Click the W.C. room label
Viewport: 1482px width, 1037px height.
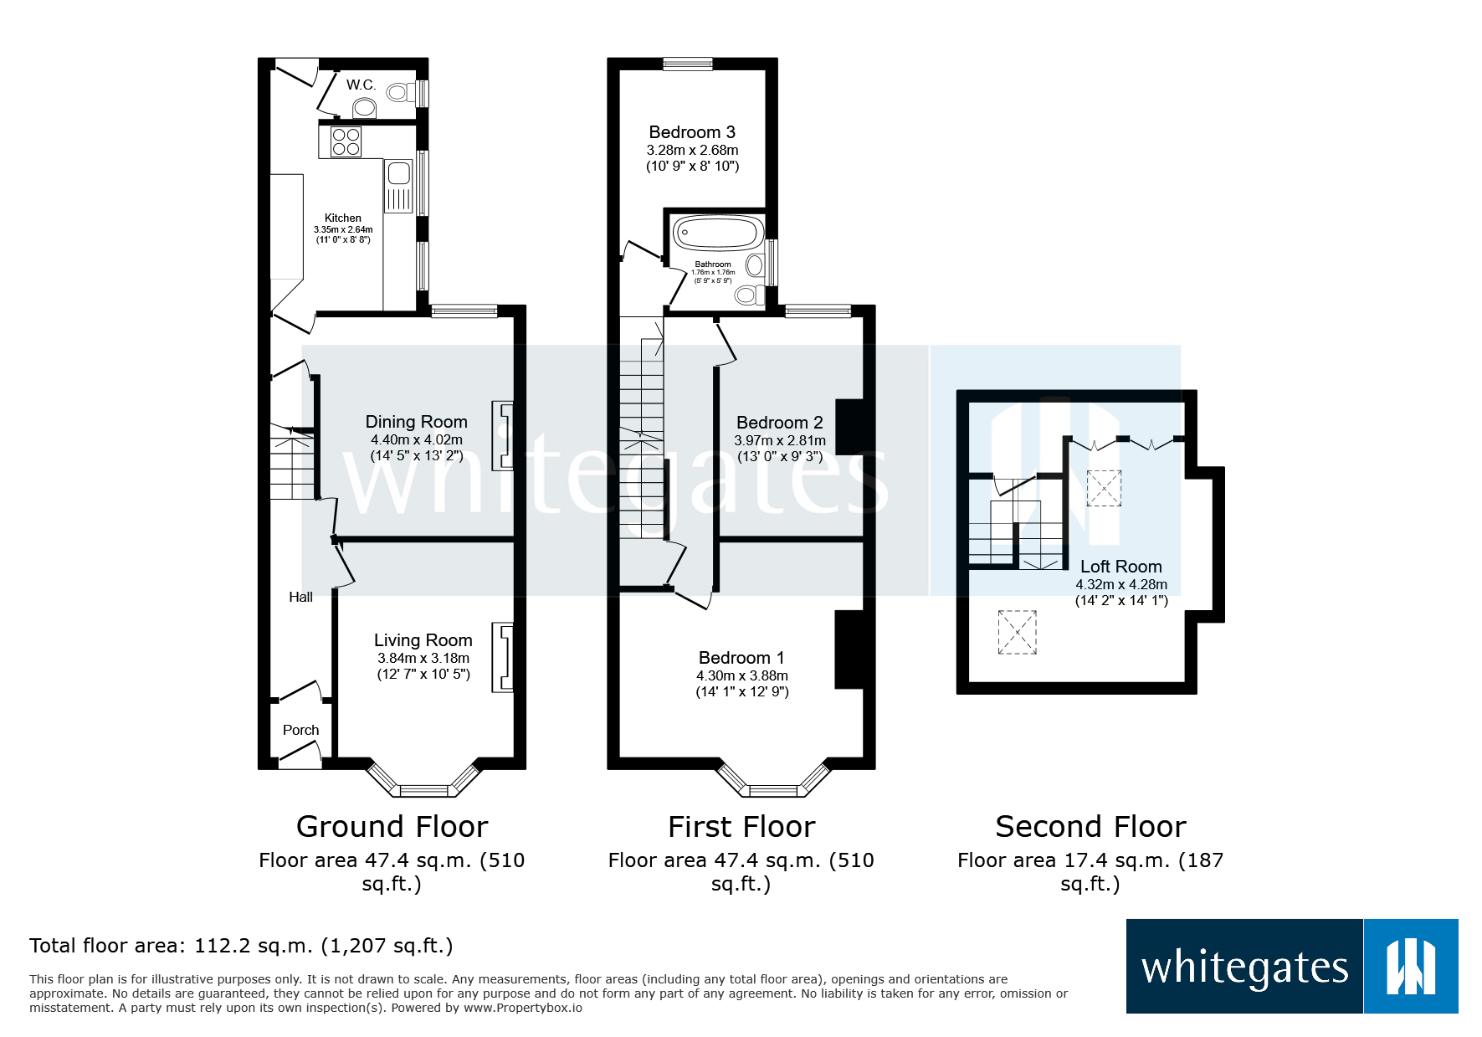click(x=361, y=85)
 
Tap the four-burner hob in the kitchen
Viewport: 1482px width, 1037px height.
click(x=346, y=142)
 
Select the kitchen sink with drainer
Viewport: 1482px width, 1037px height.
click(x=398, y=186)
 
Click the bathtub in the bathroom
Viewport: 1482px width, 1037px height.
click(x=718, y=233)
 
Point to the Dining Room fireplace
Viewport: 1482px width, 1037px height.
click(x=503, y=435)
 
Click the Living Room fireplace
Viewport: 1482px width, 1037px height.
click(x=503, y=657)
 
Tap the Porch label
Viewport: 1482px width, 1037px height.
click(x=300, y=730)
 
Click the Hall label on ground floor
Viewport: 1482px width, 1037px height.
click(x=300, y=597)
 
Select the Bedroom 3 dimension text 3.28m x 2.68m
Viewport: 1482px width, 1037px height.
click(x=692, y=151)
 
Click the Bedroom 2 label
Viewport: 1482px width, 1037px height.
click(x=779, y=423)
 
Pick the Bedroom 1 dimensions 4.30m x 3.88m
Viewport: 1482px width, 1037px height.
click(x=741, y=675)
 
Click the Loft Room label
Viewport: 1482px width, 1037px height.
click(x=1120, y=567)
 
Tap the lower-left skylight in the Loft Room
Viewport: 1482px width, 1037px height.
click(x=1017, y=632)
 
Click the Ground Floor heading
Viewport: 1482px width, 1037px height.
click(x=392, y=827)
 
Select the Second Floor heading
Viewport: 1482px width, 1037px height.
click(x=1090, y=827)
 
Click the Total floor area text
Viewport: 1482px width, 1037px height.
click(x=241, y=946)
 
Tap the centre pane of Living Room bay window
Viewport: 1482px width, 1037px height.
click(x=424, y=790)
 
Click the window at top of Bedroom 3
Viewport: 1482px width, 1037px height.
click(x=687, y=64)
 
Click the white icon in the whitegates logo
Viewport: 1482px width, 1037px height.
click(x=1411, y=967)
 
